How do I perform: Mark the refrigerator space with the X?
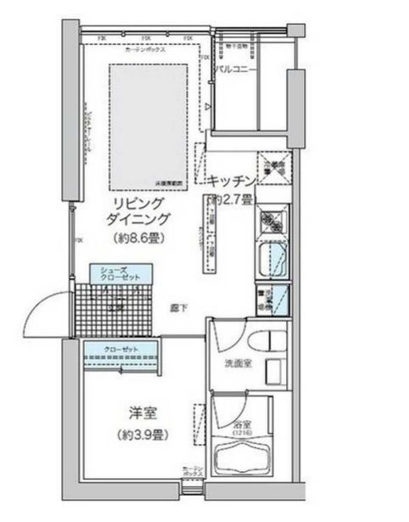(x=273, y=166)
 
